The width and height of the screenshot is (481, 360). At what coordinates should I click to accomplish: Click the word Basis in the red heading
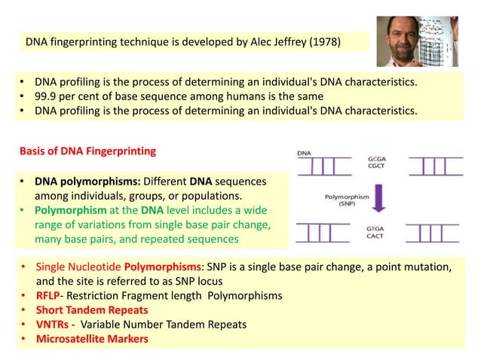click(x=34, y=151)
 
